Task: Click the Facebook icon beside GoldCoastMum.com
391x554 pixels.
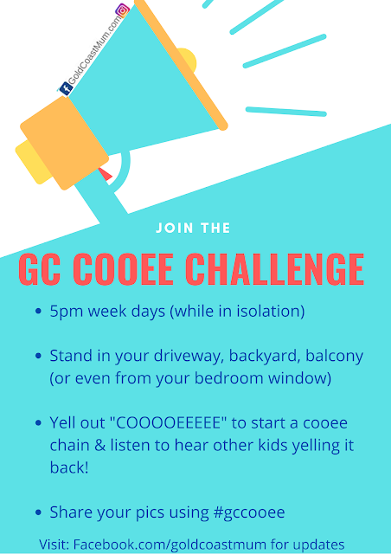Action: click(66, 88)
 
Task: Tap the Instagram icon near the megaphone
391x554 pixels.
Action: click(123, 10)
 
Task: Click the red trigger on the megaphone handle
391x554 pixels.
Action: click(106, 174)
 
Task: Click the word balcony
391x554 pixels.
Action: click(334, 357)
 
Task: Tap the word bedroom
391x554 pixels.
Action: click(229, 378)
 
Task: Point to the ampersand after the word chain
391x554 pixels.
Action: click(100, 446)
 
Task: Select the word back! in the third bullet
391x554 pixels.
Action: click(69, 467)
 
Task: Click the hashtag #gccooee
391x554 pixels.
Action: click(249, 512)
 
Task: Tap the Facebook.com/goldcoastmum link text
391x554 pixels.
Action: click(170, 544)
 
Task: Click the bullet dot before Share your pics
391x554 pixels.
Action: click(39, 512)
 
